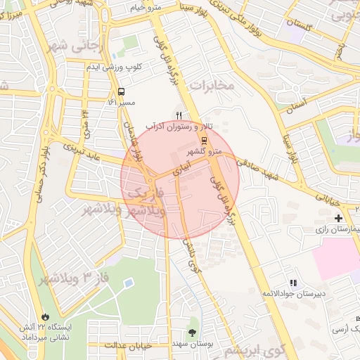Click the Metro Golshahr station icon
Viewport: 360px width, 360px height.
pos(205,141)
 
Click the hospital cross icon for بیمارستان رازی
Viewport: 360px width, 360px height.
pos(340,219)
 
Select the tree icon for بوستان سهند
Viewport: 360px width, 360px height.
pos(192,333)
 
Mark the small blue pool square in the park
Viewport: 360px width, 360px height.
pos(129,283)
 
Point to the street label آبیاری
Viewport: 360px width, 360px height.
pos(181,162)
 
